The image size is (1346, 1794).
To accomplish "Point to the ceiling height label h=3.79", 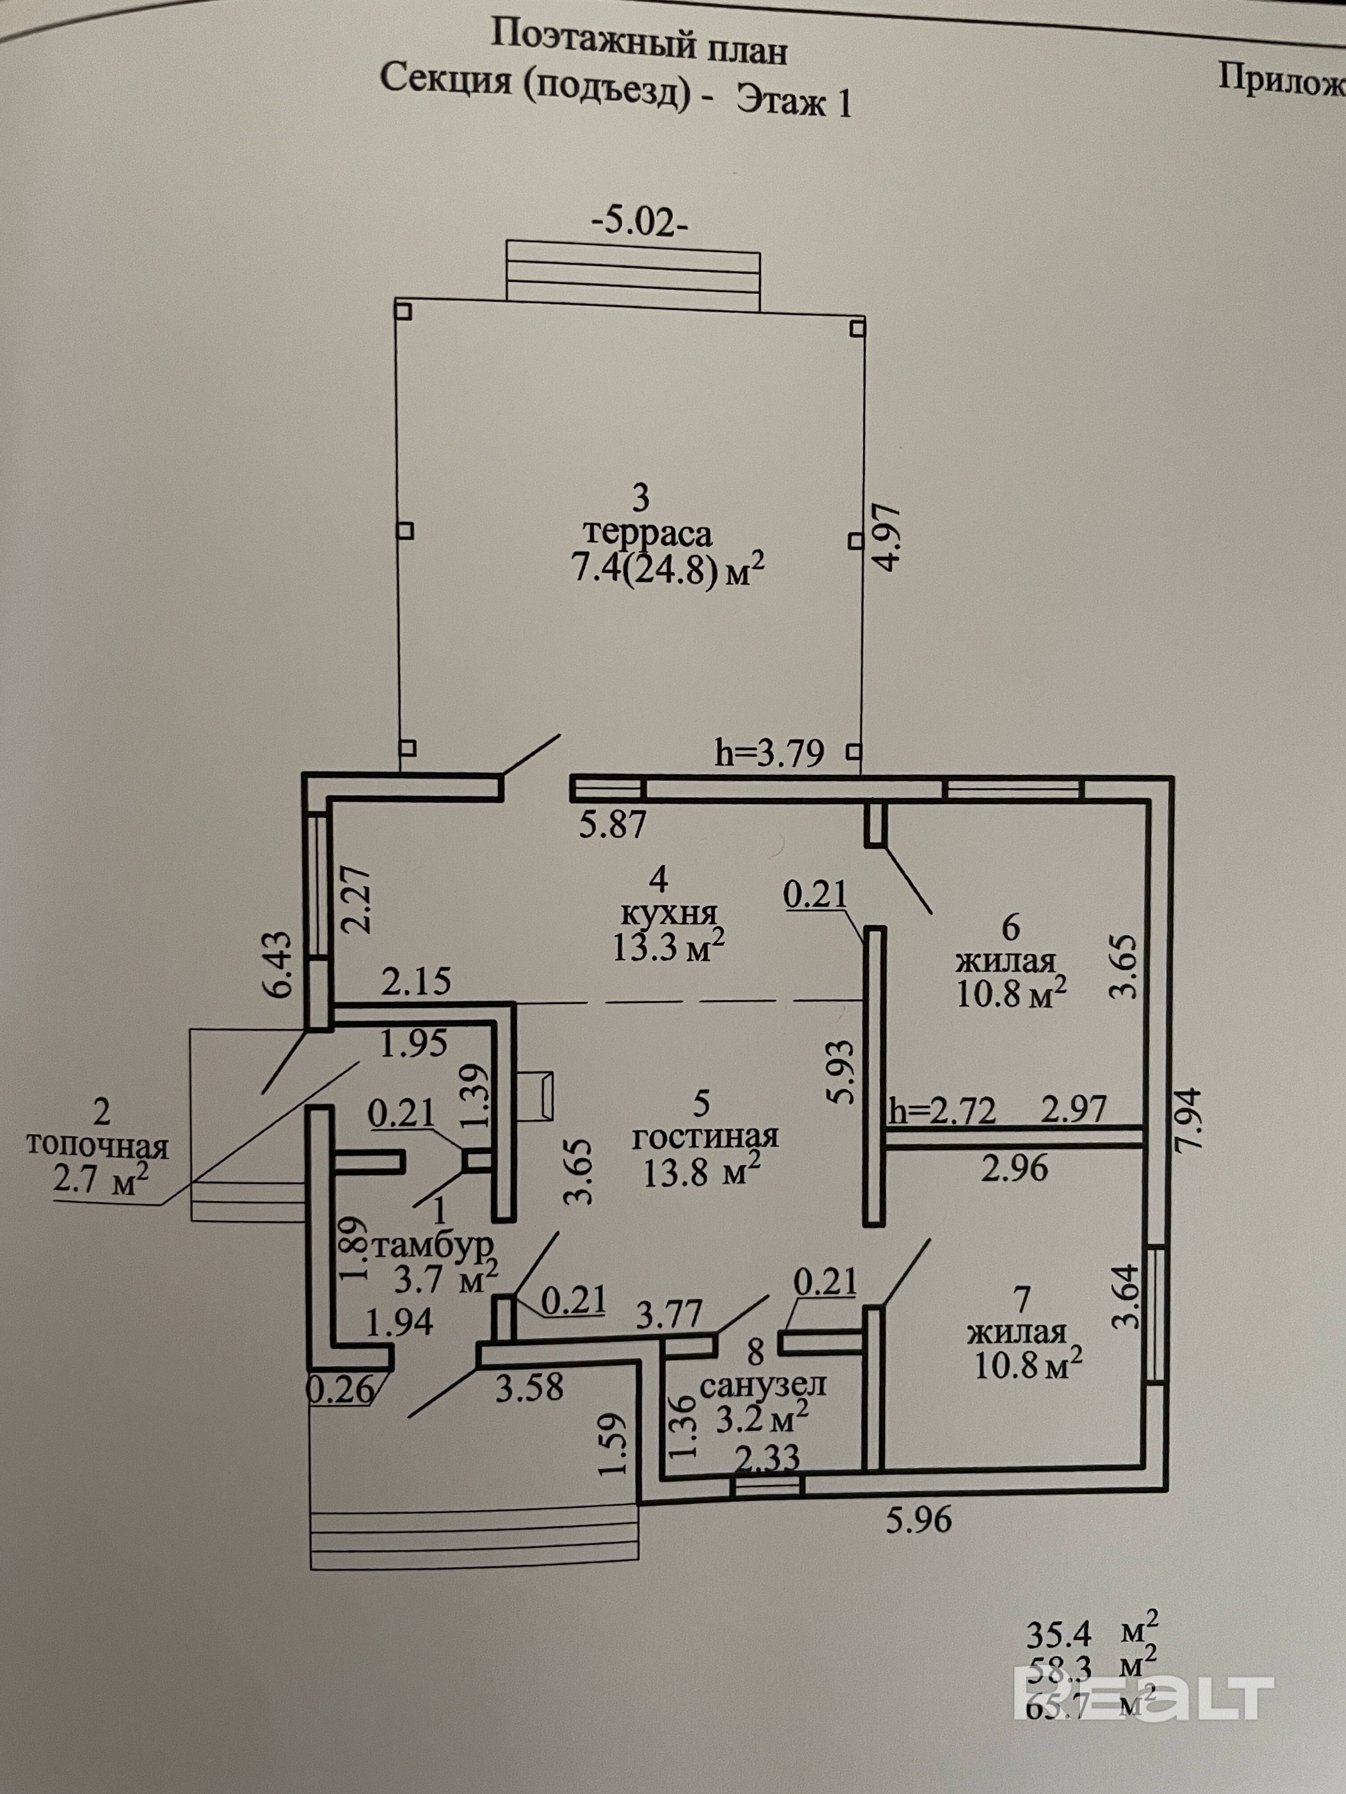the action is point(769,753).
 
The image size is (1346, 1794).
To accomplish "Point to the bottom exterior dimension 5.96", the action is point(918,1519).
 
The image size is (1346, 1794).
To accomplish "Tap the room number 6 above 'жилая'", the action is point(1011,926).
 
